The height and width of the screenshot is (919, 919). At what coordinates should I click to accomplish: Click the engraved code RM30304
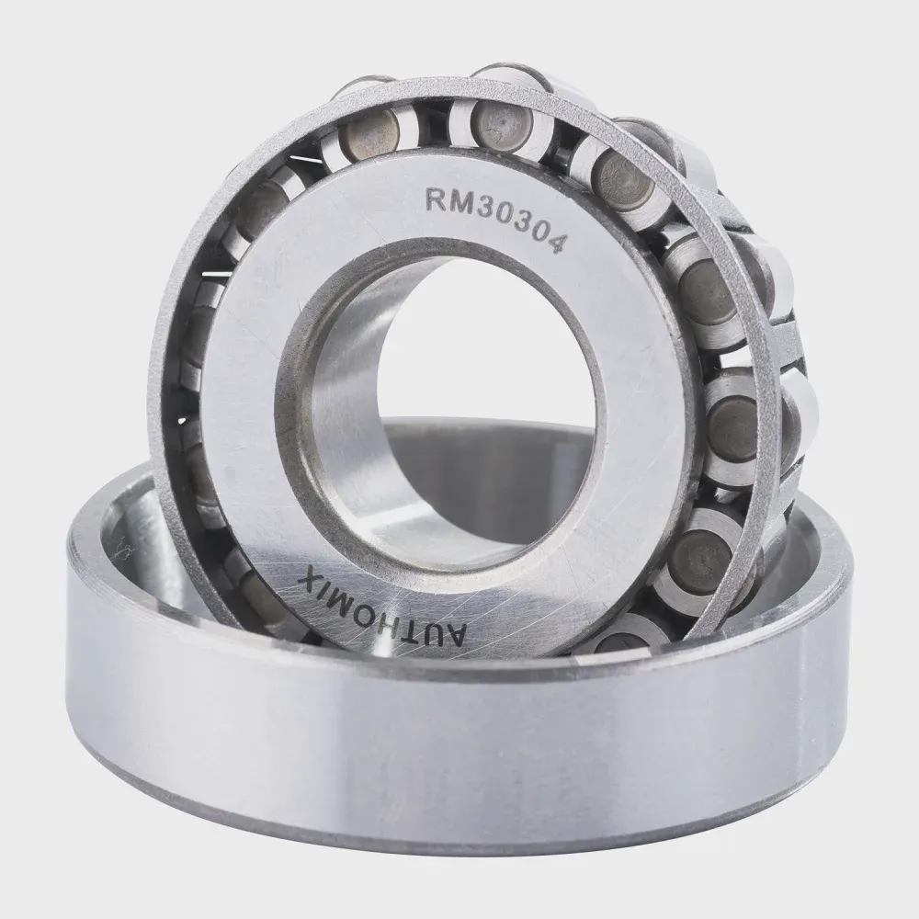tap(494, 217)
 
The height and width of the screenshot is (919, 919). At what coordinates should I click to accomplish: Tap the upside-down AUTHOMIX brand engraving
tap(382, 610)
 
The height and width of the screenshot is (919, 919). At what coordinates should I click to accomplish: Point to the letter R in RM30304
tap(436, 199)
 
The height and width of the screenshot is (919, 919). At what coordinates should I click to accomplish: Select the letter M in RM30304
tap(459, 199)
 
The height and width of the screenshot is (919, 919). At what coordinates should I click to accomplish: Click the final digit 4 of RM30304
tap(554, 241)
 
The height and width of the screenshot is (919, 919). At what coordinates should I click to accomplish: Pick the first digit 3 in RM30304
tap(482, 205)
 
